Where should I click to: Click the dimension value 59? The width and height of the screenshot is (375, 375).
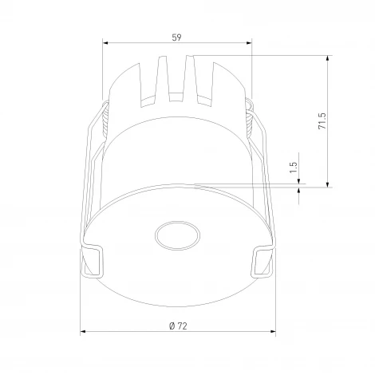[176, 36]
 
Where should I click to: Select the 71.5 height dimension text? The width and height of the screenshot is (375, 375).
[321, 120]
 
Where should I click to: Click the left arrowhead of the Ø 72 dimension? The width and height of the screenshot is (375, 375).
[85, 333]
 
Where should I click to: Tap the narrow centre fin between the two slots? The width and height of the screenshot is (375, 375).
[177, 80]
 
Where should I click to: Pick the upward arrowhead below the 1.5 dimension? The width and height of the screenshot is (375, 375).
[300, 188]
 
